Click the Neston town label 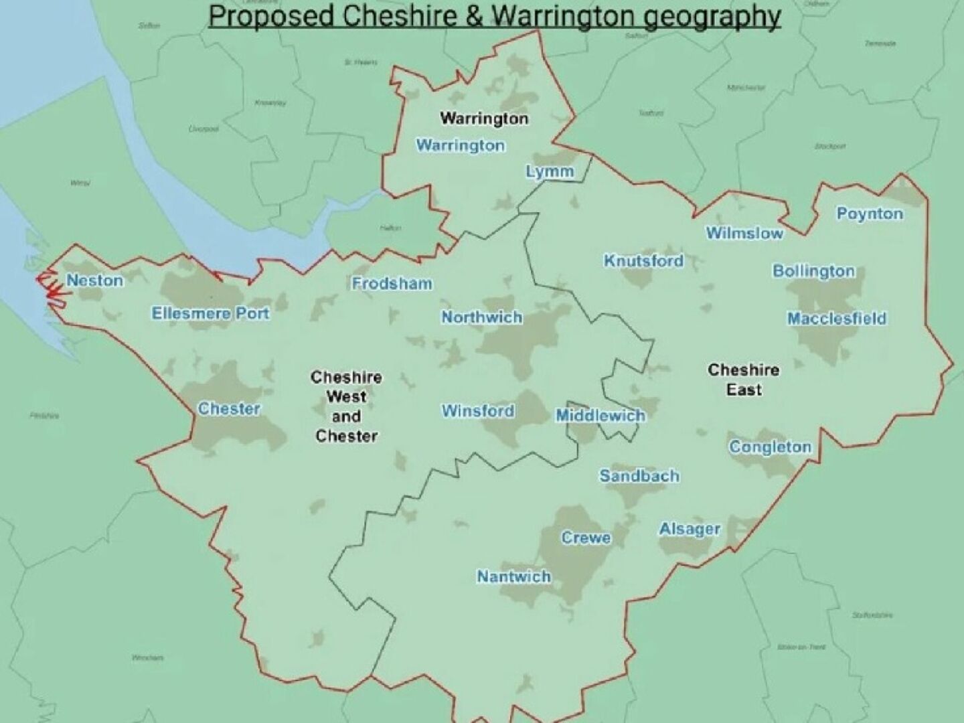(95, 280)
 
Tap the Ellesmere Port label (210, 313)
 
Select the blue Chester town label (229, 408)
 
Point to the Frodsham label (392, 284)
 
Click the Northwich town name (481, 317)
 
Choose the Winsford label (478, 411)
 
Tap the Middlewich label (600, 416)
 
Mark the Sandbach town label (639, 476)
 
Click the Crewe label (586, 538)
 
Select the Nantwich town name (514, 576)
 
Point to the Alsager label (690, 529)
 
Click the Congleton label (771, 447)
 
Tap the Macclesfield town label (836, 319)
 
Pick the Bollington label (813, 271)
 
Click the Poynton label (870, 214)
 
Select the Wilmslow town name (744, 233)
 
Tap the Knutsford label (643, 261)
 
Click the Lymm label (550, 171)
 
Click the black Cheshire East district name (743, 380)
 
